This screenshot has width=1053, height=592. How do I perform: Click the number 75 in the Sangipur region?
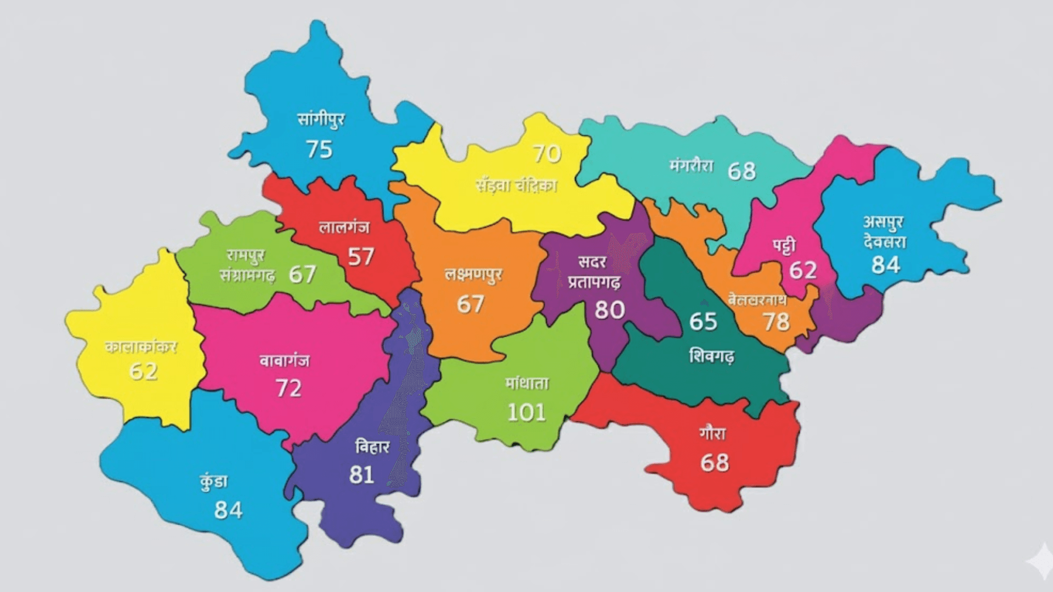(x=319, y=149)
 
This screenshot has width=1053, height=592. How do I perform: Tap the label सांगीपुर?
(x=321, y=118)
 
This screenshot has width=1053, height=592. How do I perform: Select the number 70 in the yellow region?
(x=547, y=154)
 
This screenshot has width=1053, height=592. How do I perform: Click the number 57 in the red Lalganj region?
(x=361, y=257)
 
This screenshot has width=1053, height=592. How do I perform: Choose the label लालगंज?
(x=344, y=226)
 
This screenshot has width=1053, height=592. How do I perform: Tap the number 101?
(x=526, y=412)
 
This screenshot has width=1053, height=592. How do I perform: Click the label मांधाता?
(x=527, y=383)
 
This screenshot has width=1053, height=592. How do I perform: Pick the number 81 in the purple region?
(x=361, y=475)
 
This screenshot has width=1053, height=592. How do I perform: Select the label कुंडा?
(x=213, y=482)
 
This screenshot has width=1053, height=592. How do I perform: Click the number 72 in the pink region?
(x=288, y=388)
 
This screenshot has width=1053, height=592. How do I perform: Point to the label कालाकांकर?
(x=141, y=346)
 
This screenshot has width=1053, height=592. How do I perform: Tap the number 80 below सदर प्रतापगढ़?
(x=609, y=310)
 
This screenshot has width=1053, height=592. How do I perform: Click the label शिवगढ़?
(x=711, y=356)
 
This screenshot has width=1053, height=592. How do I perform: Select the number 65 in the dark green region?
(x=703, y=321)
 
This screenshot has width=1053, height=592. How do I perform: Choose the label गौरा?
(x=712, y=433)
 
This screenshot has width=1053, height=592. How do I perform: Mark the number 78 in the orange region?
(x=776, y=322)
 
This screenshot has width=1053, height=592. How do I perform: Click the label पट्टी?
(x=784, y=246)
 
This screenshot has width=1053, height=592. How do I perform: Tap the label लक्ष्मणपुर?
(x=473, y=275)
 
